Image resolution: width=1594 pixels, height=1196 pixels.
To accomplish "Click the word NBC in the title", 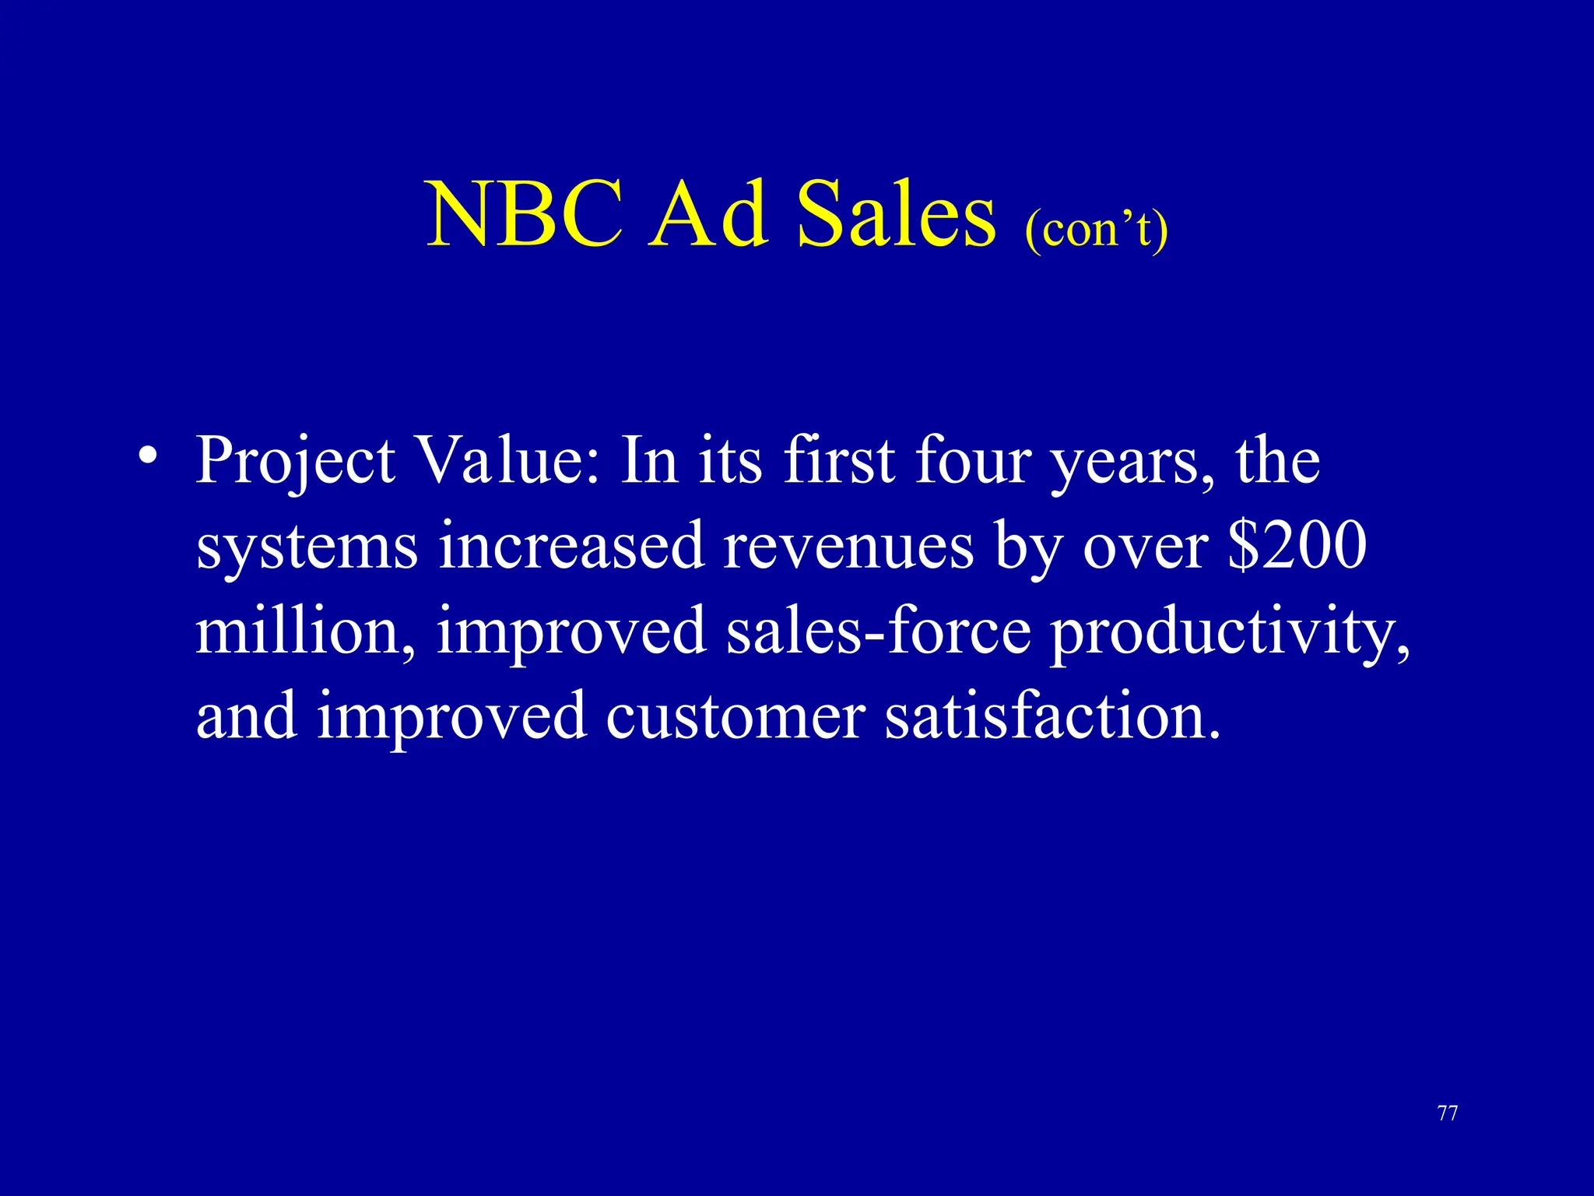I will point(525,214).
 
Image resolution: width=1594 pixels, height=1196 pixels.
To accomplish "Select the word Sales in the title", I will point(896,214).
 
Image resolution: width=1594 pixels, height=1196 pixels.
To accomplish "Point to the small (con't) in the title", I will point(1096,229).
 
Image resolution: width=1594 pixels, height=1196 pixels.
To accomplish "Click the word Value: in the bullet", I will point(509,461).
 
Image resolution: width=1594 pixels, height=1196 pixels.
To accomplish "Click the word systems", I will point(307,547).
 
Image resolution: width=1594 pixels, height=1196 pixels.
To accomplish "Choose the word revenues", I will point(848,547).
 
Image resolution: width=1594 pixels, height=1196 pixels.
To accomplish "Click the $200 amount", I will point(1297,546).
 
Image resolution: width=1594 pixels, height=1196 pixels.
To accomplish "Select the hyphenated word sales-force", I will point(879,631).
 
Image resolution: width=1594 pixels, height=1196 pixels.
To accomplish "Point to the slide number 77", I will point(1448,1113).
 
